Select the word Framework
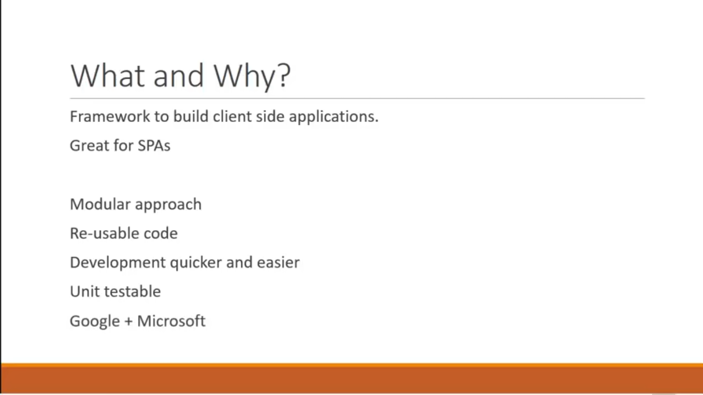pyautogui.click(x=110, y=116)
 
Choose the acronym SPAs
pyautogui.click(x=154, y=146)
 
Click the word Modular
pyautogui.click(x=100, y=204)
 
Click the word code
pyautogui.click(x=161, y=234)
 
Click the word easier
pyautogui.click(x=278, y=263)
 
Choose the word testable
pyautogui.click(x=132, y=292)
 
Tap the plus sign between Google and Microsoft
pyautogui.click(x=128, y=321)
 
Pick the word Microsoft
pyautogui.click(x=171, y=321)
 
